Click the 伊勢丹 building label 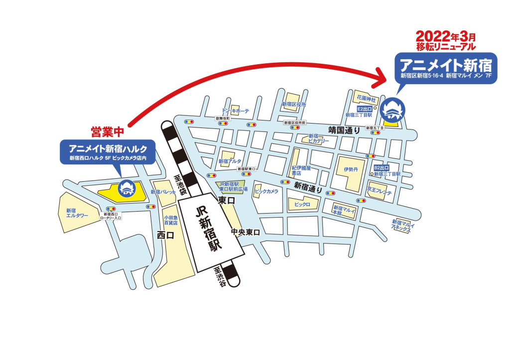[350, 169]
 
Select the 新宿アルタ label [230, 161]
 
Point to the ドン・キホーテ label [235, 111]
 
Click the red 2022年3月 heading [446, 36]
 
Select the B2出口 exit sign [381, 168]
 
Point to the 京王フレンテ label [380, 191]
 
